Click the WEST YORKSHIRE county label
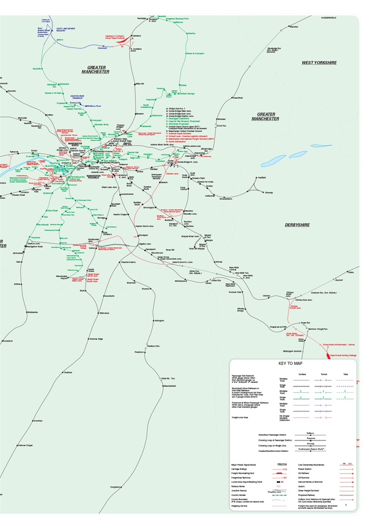pyautogui.click(x=319, y=63)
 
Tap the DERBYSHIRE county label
pyautogui.click(x=297, y=225)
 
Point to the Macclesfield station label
pyautogui.click(x=169, y=386)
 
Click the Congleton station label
pyautogui.click(x=116, y=487)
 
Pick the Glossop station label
pyautogui.click(x=268, y=193)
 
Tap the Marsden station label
pyautogui.click(x=294, y=27)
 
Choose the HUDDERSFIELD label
pyautogui.click(x=328, y=18)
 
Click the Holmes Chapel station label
pyautogui.click(x=25, y=446)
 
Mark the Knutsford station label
pyautogui.click(x=8, y=341)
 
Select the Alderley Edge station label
pyautogui.click(x=96, y=339)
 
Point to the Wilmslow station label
pyautogui.click(x=104, y=313)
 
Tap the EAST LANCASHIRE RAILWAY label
pyautogui.click(x=66, y=29)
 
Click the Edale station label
pyautogui.click(x=351, y=272)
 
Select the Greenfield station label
pyautogui.click(x=237, y=98)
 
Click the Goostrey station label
pyautogui.click(x=38, y=421)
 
